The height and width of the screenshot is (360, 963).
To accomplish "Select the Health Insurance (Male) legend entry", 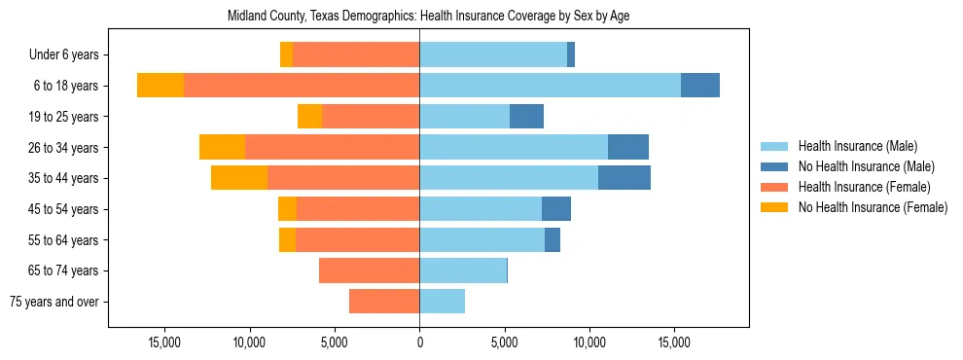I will tap(857, 146).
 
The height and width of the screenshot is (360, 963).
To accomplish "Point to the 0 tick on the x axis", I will tap(419, 343).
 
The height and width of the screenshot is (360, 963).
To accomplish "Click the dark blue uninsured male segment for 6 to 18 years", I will tap(700, 86).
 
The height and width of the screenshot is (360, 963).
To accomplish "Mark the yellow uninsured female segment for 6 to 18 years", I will tap(160, 86).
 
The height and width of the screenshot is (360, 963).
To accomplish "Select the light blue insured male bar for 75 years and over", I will tap(443, 302).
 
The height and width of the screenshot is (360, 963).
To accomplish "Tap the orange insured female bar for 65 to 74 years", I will tap(370, 270).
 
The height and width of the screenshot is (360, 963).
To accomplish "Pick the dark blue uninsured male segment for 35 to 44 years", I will tap(624, 178).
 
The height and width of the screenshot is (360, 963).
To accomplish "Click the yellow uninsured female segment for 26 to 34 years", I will tap(222, 147).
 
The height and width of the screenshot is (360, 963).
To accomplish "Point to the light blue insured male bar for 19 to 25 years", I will tap(465, 117).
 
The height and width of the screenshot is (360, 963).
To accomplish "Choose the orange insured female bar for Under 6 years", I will tap(356, 55).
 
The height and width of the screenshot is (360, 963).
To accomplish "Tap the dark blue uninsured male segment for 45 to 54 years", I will tap(556, 209).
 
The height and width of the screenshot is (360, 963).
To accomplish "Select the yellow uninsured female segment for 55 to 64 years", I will tap(287, 240).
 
